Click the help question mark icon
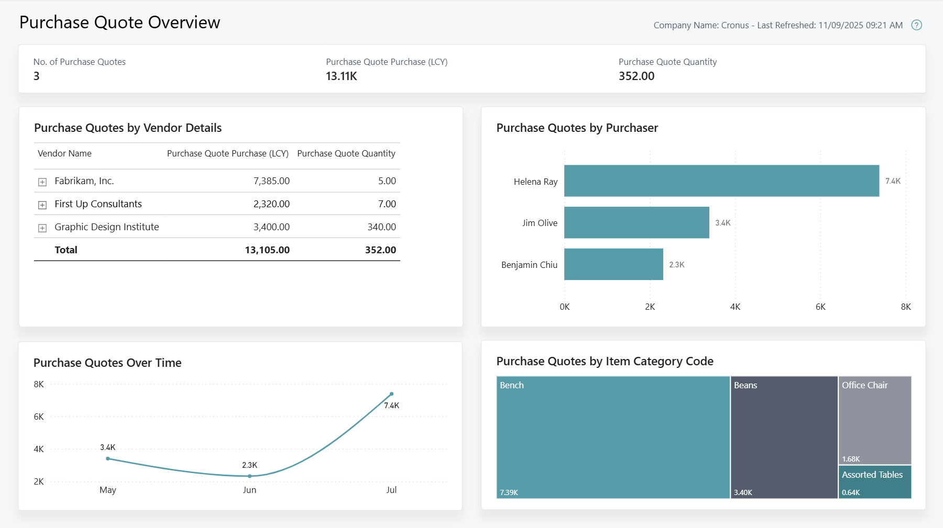pos(916,25)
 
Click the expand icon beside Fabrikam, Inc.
pos(42,182)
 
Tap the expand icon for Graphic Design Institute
pos(42,228)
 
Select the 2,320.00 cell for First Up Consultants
pos(271,204)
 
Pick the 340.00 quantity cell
pos(381,227)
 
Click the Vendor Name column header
pos(64,153)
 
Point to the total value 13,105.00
pos(267,250)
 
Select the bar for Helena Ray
pos(721,181)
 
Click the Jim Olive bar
pos(636,222)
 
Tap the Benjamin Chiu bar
pos(613,264)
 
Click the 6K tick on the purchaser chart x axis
pos(820,307)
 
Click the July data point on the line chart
pos(391,394)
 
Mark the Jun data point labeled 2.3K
pos(250,476)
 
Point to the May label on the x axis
pos(108,490)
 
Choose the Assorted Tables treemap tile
pos(874,481)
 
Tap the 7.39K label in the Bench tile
pos(509,492)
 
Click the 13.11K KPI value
pos(341,76)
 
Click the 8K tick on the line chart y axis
pos(39,384)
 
